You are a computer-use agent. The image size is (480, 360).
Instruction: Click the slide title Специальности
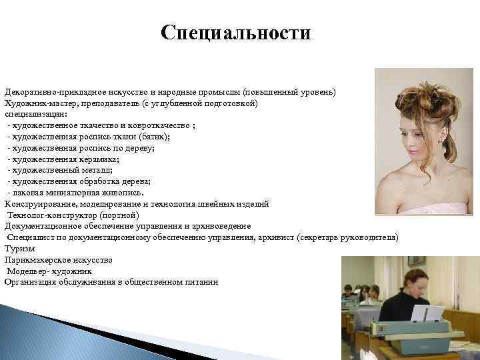(x=236, y=33)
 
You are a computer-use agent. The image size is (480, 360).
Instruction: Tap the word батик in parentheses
(x=155, y=136)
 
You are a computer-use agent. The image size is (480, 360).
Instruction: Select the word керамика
(x=97, y=159)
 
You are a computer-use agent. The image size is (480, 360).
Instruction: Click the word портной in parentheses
(x=119, y=215)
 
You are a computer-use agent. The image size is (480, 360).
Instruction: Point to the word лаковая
(x=29, y=193)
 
